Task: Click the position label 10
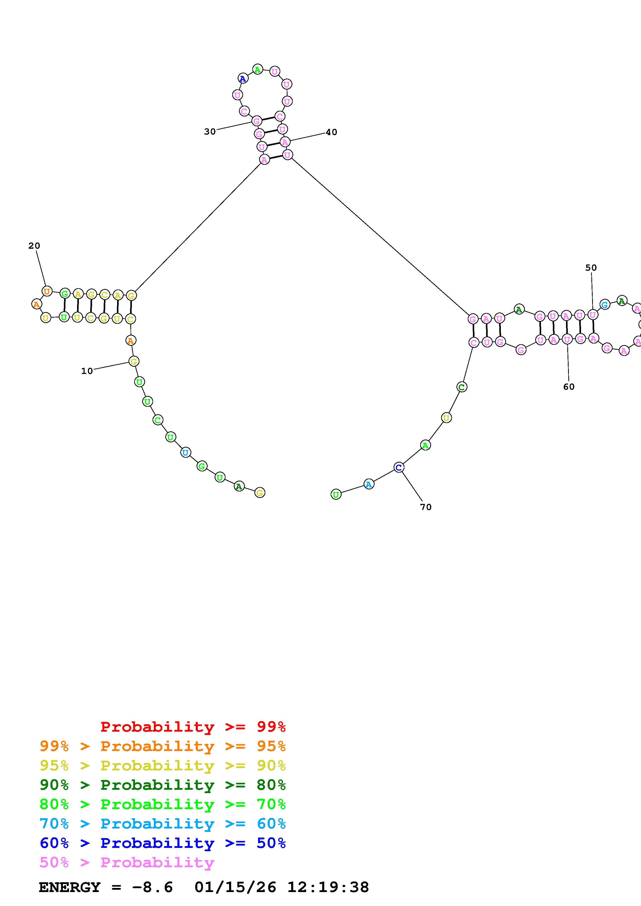click(x=87, y=371)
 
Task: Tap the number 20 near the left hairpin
click(x=34, y=246)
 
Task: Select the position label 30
click(x=210, y=132)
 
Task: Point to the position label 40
click(x=331, y=132)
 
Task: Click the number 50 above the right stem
click(x=591, y=268)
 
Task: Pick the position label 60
click(x=569, y=387)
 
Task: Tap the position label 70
click(x=426, y=507)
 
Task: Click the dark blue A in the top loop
click(x=243, y=79)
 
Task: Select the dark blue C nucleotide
click(x=399, y=468)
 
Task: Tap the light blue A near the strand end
click(x=368, y=484)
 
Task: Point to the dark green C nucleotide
click(x=462, y=387)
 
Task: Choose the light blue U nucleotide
click(x=186, y=452)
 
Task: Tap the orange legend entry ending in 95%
click(x=162, y=746)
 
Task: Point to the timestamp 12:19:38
click(x=328, y=887)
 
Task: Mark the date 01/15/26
click(x=235, y=887)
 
